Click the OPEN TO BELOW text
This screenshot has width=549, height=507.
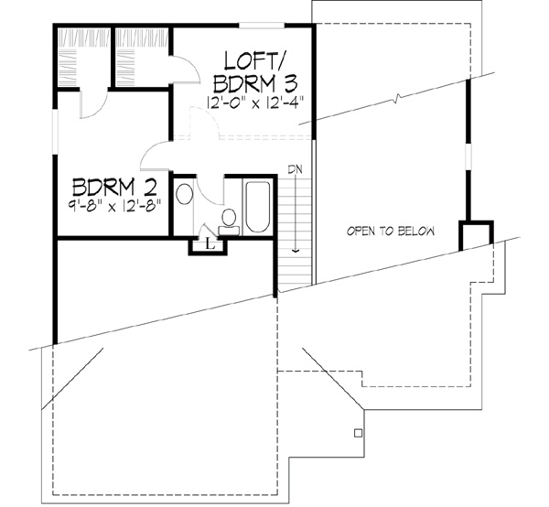click(x=390, y=231)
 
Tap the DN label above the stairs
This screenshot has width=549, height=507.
click(x=295, y=169)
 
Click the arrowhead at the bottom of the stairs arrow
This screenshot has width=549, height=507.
click(x=296, y=247)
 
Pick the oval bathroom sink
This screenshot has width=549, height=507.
click(x=184, y=196)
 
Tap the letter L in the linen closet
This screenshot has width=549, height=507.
click(x=210, y=243)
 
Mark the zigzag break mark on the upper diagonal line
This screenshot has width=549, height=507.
click(x=395, y=96)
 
